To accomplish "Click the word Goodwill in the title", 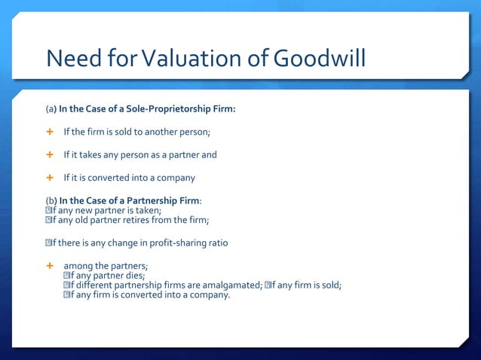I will coord(320,57).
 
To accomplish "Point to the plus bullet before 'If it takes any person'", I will coord(51,154).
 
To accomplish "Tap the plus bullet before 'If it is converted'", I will coord(51,178).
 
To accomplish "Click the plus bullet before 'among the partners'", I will coord(51,266).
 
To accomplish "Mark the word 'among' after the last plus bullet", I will coord(78,266).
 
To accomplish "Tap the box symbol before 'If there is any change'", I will coord(49,243).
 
